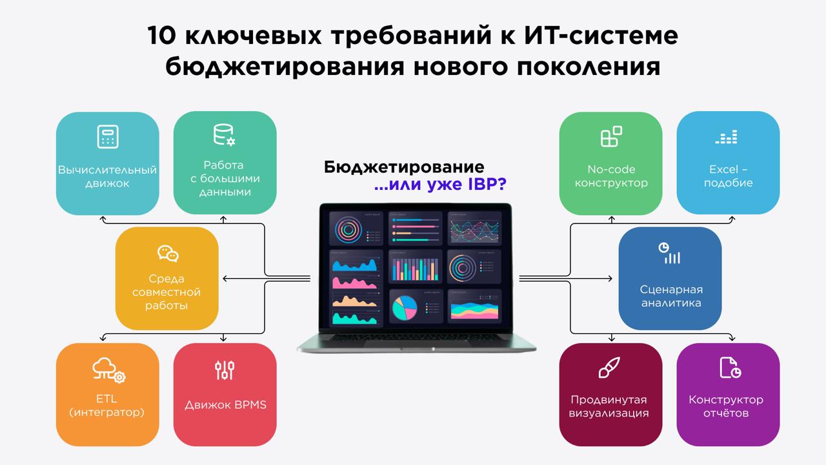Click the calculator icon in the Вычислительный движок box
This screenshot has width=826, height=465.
[x=107, y=138]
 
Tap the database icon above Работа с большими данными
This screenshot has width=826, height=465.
[x=225, y=134]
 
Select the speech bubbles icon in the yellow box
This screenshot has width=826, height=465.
[x=168, y=253]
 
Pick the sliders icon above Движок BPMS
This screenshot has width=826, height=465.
[x=225, y=370]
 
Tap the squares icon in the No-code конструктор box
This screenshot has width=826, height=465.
[x=610, y=137]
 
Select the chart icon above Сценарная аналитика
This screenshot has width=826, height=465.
[x=669, y=253]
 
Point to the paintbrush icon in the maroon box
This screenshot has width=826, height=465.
[x=610, y=368]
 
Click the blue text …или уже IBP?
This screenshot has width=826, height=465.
[x=440, y=185]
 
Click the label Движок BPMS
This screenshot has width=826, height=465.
[x=225, y=406]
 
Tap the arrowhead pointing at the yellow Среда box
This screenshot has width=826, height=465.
[x=225, y=278]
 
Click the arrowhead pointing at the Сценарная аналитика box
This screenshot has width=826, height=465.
[x=610, y=278]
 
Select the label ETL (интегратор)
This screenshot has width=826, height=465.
[x=106, y=406]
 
